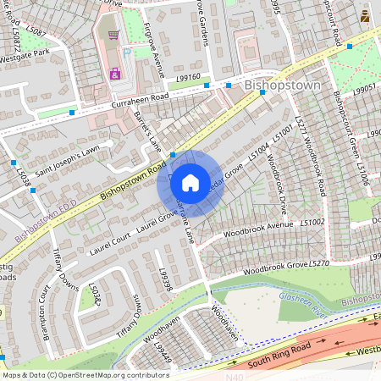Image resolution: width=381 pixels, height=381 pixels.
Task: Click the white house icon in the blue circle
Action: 190,183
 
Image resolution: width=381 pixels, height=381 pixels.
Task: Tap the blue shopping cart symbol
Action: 113,36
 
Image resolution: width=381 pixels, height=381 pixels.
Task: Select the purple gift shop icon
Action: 114,75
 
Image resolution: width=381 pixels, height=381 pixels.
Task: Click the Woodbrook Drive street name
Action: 276,182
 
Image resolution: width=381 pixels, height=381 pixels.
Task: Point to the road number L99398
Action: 166,280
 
